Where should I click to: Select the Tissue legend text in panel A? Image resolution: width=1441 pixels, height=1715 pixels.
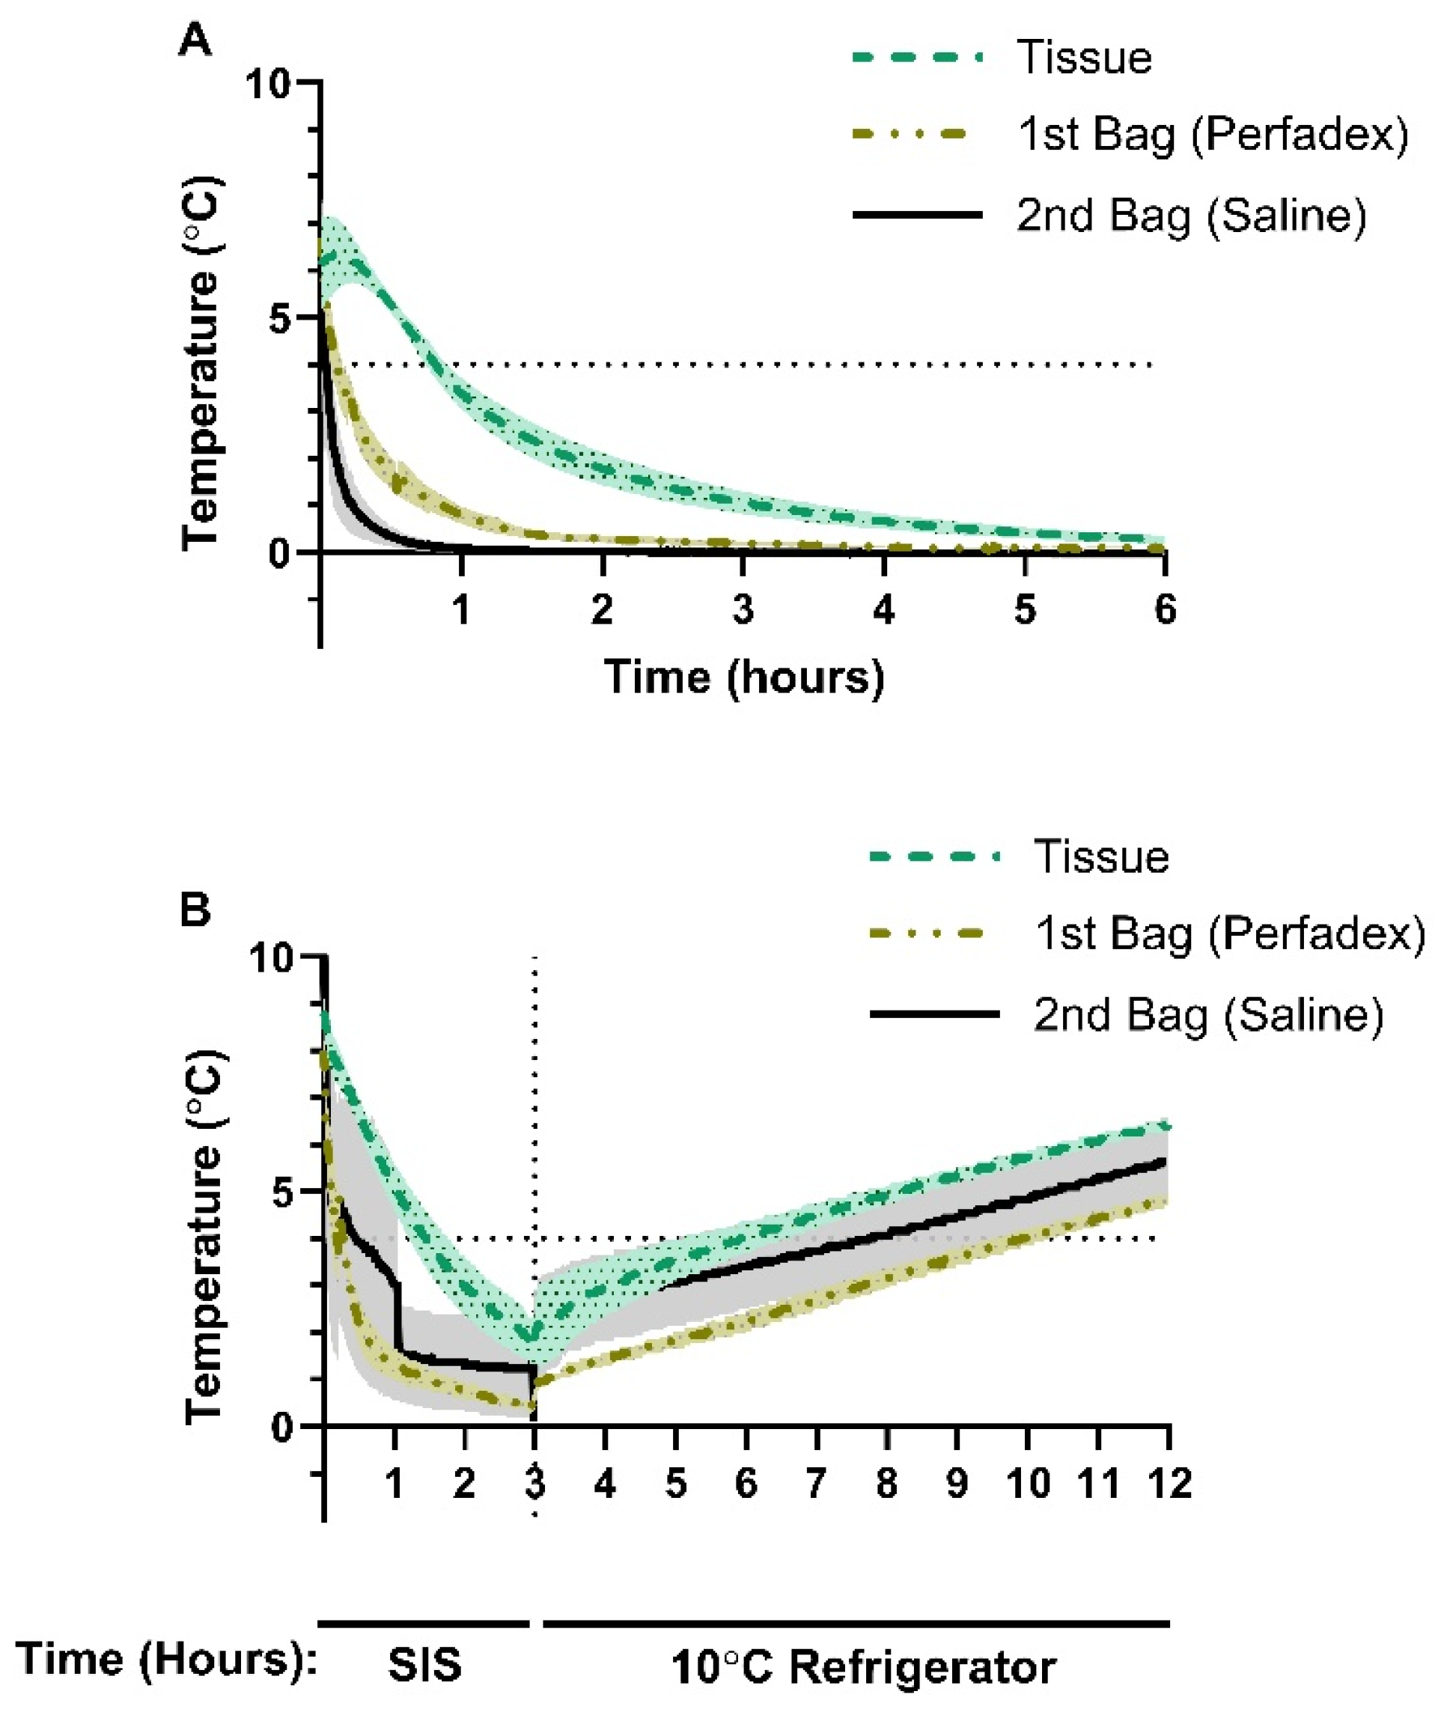point(1084,58)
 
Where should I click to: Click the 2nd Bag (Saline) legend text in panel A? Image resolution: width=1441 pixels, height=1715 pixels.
point(1191,216)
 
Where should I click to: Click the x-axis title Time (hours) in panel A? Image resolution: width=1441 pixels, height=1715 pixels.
point(744,677)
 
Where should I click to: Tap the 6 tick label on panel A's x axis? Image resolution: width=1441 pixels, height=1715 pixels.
point(1165,609)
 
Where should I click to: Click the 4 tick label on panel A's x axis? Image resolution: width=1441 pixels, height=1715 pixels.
point(884,609)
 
